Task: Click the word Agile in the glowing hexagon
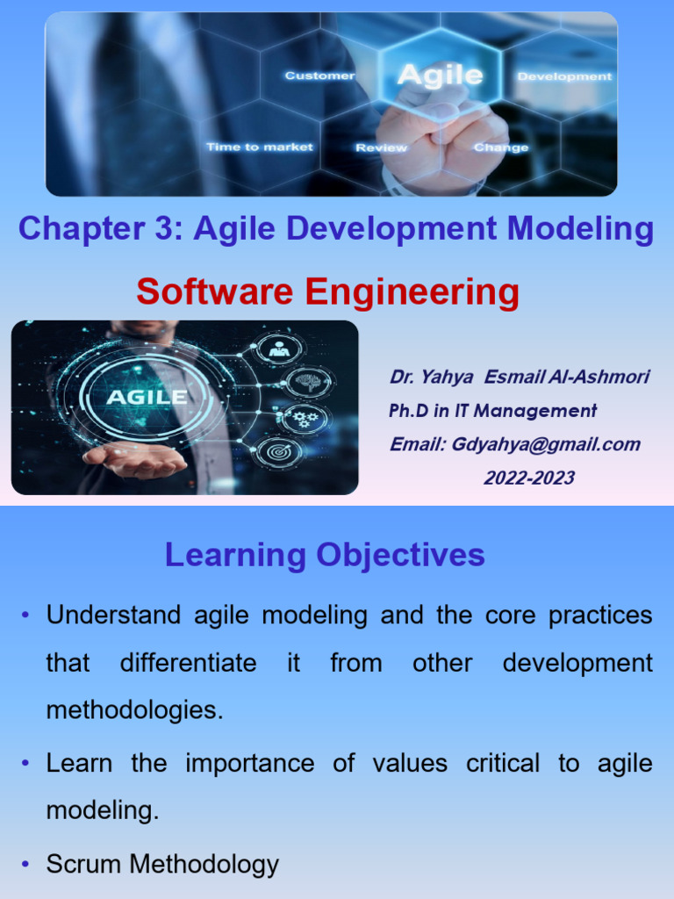tap(440, 75)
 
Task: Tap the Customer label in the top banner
tap(319, 76)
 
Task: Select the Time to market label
tap(259, 147)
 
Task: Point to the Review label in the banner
tap(381, 148)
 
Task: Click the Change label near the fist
tap(501, 147)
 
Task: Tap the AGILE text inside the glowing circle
tap(147, 397)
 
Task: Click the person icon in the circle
tap(281, 349)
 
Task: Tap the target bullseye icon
tap(276, 453)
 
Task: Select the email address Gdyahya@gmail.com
tap(546, 444)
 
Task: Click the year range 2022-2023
tap(529, 478)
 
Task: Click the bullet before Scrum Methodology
tap(26, 865)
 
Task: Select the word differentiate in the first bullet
tap(189, 663)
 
